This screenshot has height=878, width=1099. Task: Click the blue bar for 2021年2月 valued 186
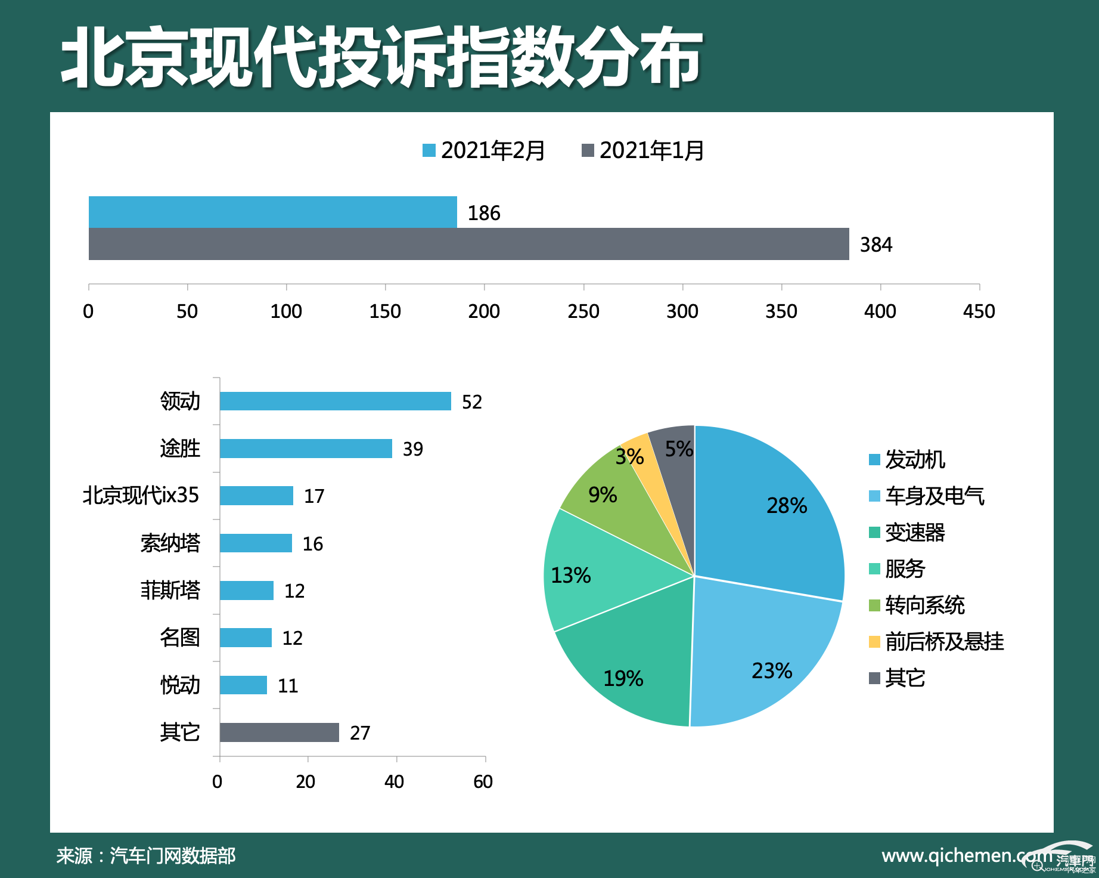click(272, 212)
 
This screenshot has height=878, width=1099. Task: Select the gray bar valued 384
click(468, 244)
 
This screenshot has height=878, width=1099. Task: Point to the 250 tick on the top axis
click(583, 311)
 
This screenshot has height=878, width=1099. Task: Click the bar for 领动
click(335, 401)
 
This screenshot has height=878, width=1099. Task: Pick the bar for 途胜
click(306, 449)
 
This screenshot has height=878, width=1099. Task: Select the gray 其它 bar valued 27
click(279, 732)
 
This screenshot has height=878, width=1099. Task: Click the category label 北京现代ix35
click(141, 496)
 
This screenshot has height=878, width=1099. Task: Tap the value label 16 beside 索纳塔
click(312, 543)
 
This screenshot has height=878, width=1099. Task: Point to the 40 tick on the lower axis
click(394, 781)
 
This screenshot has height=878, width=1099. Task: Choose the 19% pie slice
click(632, 668)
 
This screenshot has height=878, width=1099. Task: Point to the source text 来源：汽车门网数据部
click(146, 855)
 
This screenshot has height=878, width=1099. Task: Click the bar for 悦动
click(243, 685)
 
